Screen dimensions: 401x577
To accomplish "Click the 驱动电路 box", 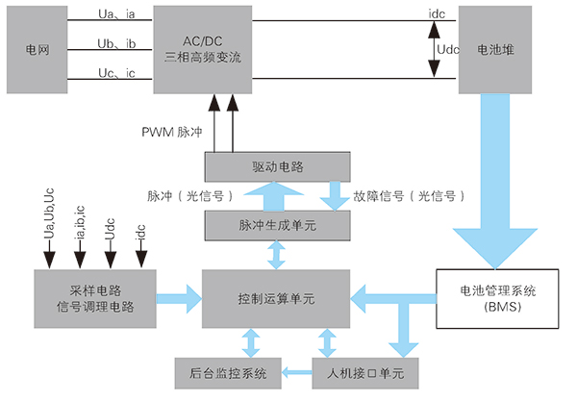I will (x=277, y=165).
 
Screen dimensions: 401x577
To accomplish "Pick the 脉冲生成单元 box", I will (x=277, y=226).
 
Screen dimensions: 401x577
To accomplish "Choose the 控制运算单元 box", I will (x=277, y=299).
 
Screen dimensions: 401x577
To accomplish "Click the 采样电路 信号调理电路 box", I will (x=94, y=298).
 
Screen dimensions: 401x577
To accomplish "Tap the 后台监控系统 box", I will (x=226, y=370).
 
